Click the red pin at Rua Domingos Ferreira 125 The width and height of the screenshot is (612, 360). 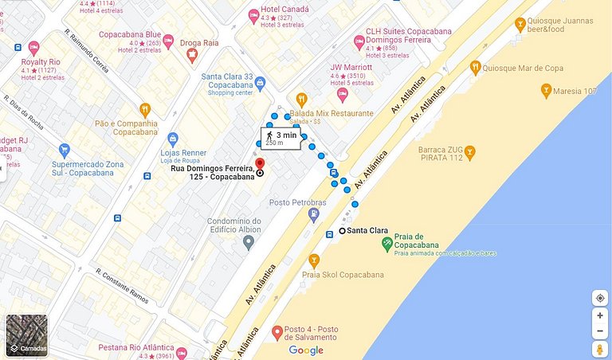pyautogui.click(x=260, y=164)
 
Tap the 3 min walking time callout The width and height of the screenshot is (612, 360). pyautogui.click(x=282, y=138)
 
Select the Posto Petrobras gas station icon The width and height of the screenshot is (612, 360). pyautogui.click(x=316, y=213)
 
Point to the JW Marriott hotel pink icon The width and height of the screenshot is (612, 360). pyautogui.click(x=343, y=95)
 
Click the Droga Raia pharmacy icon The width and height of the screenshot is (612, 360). pyautogui.click(x=191, y=55)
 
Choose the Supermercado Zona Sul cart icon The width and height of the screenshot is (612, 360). pyautogui.click(x=65, y=150)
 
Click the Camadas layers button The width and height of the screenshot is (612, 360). pyautogui.click(x=26, y=335)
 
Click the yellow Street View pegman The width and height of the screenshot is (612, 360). pyautogui.click(x=599, y=350)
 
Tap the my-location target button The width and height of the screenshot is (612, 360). pyautogui.click(x=599, y=298)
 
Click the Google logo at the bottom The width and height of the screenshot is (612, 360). pyautogui.click(x=306, y=350)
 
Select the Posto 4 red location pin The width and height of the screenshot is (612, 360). pyautogui.click(x=277, y=332)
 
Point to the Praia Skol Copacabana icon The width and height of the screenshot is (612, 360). pyautogui.click(x=314, y=260)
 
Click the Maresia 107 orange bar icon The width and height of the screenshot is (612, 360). pyautogui.click(x=546, y=92)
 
